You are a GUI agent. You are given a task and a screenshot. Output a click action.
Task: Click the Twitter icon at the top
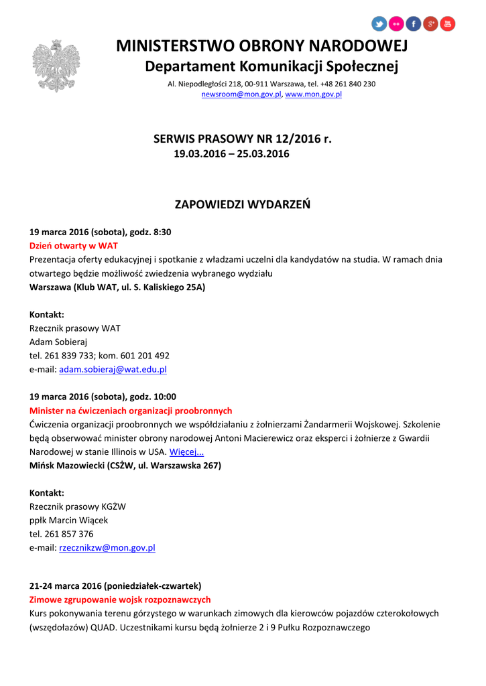tap(379, 24)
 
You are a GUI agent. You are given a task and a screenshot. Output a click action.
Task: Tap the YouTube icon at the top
tap(448, 24)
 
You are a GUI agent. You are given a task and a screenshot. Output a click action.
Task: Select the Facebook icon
tap(414, 24)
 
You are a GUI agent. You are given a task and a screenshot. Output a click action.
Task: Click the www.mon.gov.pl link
tap(314, 94)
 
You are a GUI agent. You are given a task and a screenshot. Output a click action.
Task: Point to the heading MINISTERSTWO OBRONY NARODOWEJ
tap(262, 46)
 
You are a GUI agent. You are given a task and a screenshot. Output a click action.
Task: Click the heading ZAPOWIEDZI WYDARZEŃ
tap(243, 204)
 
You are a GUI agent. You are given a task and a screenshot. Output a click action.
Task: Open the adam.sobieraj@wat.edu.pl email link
tap(113, 369)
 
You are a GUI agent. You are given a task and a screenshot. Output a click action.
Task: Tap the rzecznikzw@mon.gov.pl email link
tap(107, 547)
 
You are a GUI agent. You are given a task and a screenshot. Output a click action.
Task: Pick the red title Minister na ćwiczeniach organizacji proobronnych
tap(131, 411)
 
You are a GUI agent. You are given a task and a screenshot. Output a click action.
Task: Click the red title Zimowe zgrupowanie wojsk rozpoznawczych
tap(120, 600)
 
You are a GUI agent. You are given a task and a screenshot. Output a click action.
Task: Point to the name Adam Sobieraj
tap(54, 342)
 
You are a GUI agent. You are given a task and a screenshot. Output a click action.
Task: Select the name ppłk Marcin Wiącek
tap(68, 520)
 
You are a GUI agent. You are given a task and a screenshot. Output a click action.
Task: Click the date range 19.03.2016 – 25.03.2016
tap(231, 154)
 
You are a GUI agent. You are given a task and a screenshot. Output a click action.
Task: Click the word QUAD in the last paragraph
tap(100, 628)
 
